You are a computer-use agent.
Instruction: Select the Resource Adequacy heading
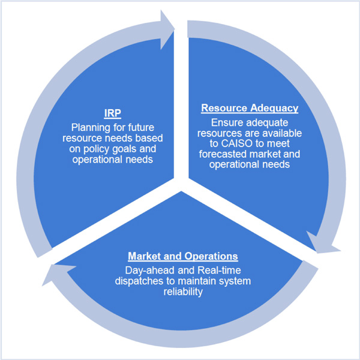(249, 109)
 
